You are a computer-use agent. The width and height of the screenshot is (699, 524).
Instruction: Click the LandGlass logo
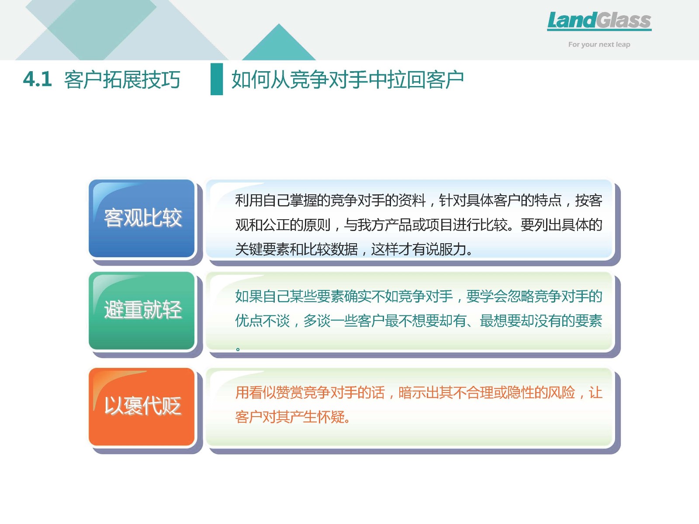(599, 21)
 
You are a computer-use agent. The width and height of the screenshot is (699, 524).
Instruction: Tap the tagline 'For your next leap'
(599, 45)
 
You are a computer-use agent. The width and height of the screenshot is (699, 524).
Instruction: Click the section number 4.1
(37, 79)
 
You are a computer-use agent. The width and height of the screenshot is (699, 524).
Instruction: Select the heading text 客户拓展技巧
(122, 79)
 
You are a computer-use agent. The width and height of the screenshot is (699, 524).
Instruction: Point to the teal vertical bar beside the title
(217, 79)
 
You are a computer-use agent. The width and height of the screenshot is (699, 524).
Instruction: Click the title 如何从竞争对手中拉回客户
(347, 79)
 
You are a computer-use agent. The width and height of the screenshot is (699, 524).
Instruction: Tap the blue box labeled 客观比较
(142, 218)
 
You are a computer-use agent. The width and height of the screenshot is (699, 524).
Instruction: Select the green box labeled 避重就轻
(142, 310)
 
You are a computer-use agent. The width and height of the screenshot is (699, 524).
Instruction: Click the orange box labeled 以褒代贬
(142, 407)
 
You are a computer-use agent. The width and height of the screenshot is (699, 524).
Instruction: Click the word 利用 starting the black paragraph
(249, 200)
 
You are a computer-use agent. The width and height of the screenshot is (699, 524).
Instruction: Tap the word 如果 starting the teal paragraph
(249, 296)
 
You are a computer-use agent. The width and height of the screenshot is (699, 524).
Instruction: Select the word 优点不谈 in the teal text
(262, 321)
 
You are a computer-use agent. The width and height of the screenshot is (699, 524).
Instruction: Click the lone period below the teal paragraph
(238, 349)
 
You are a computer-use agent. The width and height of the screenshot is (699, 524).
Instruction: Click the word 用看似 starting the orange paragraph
(256, 393)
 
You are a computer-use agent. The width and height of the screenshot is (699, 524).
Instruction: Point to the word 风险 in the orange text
(561, 393)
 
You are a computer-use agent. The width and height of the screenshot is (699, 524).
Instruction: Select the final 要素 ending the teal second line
(589, 321)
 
